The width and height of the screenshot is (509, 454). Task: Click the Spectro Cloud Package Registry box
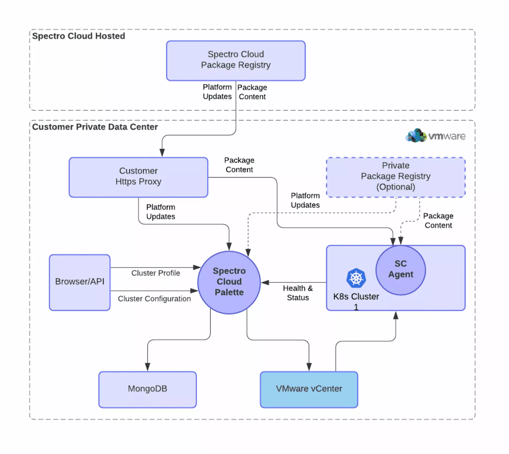tap(236, 60)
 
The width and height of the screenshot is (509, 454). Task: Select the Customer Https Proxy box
tap(138, 177)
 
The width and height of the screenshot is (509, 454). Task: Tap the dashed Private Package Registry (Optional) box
tap(396, 177)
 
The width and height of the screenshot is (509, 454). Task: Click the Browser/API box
tap(79, 282)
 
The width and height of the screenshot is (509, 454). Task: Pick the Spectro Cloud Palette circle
tap(229, 282)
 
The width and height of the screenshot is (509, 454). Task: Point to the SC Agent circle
tap(400, 270)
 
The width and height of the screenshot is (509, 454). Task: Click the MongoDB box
tap(147, 389)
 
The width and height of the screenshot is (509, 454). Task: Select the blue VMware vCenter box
tap(309, 389)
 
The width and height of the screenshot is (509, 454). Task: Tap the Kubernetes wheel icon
tap(356, 278)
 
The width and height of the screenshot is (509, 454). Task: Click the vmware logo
tap(435, 136)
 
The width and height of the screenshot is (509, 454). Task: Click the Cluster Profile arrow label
tap(155, 273)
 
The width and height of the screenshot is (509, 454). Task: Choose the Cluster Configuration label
tap(154, 299)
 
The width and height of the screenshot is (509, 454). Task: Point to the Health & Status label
tap(298, 293)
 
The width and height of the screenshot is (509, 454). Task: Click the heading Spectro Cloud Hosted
tap(78, 36)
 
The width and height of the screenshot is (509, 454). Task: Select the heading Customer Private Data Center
tap(95, 127)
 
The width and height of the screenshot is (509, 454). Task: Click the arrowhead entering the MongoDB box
tap(148, 367)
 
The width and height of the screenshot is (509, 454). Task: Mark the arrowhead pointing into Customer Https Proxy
tap(162, 153)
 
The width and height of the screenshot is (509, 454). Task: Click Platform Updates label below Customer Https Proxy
tap(160, 212)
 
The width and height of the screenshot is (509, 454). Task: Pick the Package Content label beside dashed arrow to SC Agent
tap(438, 221)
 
